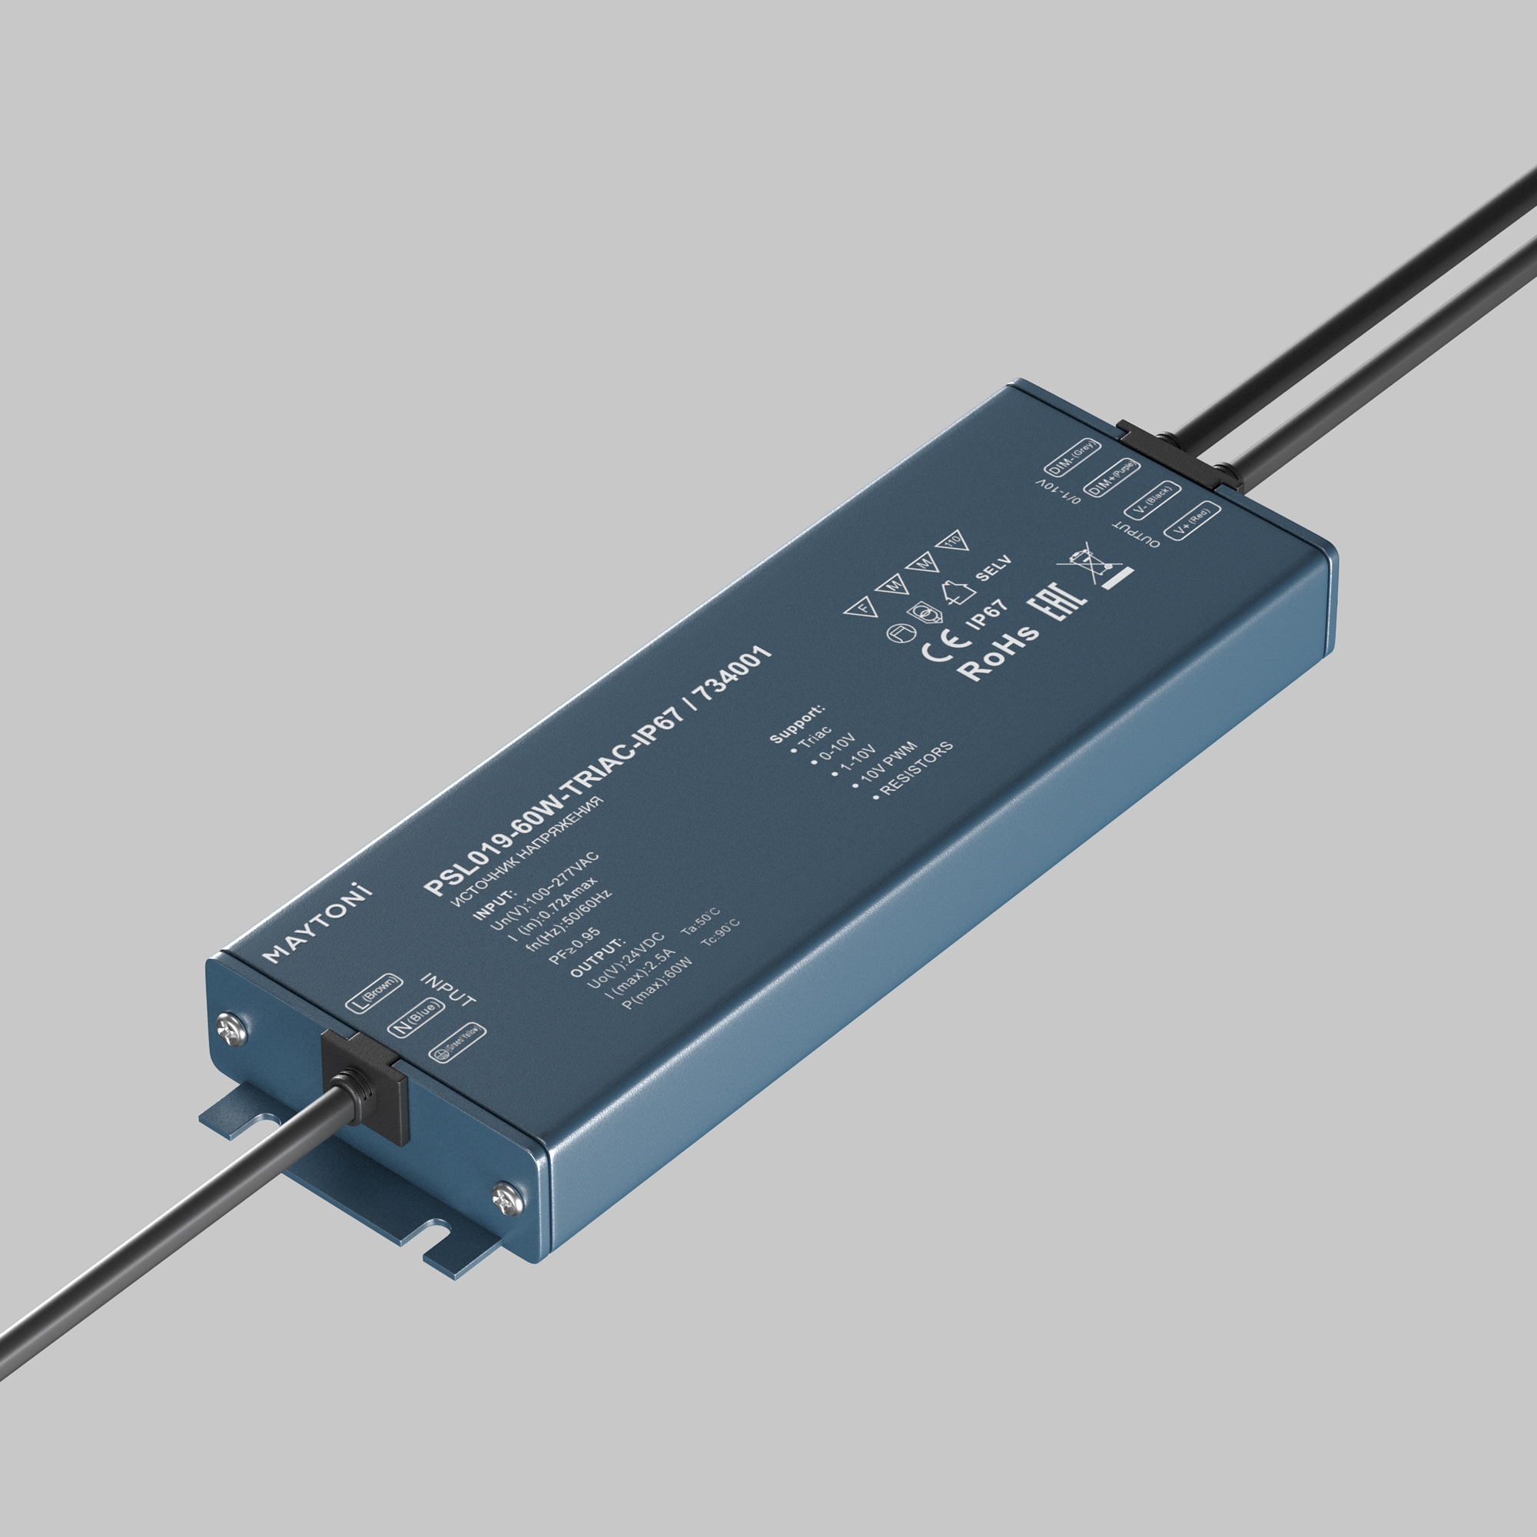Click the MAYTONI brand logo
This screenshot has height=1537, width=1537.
[318, 922]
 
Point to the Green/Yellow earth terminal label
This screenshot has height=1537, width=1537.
[456, 1043]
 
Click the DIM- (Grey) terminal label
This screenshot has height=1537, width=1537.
[1071, 457]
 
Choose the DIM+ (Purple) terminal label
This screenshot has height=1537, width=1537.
[1110, 478]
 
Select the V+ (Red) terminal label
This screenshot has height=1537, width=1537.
[1191, 520]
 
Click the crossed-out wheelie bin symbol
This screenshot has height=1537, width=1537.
[1094, 564]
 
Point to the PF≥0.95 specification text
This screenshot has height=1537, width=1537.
[573, 944]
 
